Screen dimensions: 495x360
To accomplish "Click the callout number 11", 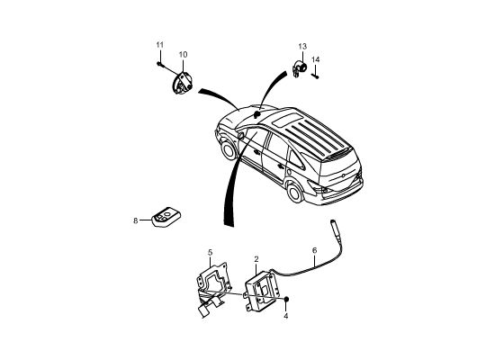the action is click(x=160, y=45).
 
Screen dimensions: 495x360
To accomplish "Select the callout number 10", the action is click(x=183, y=55).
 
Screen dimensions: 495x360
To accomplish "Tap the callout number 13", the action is click(x=302, y=47).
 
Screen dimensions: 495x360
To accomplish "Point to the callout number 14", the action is click(x=315, y=59).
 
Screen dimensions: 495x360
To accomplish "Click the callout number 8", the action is click(x=135, y=220).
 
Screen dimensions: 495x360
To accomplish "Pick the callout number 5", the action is click(x=211, y=253).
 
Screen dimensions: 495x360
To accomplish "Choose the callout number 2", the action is click(x=256, y=259).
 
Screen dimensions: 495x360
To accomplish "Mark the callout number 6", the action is click(x=314, y=250).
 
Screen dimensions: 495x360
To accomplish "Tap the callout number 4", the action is click(x=285, y=316).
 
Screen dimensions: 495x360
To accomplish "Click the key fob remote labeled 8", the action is click(x=166, y=217).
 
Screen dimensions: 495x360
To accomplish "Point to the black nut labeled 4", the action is click(x=286, y=299).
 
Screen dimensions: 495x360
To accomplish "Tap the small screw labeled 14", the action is click(x=315, y=76).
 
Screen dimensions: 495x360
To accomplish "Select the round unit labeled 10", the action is click(x=182, y=84).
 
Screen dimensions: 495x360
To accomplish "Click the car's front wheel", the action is click(x=229, y=149).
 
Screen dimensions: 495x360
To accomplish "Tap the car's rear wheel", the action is click(x=295, y=193).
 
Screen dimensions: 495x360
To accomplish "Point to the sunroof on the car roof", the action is click(x=285, y=121).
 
